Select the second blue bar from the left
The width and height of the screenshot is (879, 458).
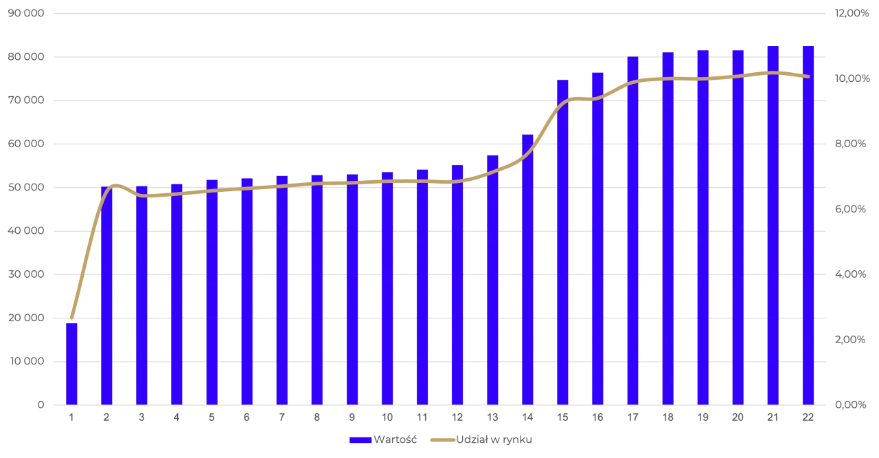[x=106, y=296]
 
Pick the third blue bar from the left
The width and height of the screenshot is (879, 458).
[x=141, y=296]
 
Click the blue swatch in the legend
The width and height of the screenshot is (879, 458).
[x=360, y=440]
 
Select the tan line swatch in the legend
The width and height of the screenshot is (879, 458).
[x=442, y=440]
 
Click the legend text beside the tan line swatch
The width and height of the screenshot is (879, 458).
[x=494, y=440]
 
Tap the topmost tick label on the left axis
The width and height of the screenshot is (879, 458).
[x=25, y=14]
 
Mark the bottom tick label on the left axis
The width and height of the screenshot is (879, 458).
[x=41, y=404]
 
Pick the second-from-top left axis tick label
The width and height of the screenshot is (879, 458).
[x=25, y=56]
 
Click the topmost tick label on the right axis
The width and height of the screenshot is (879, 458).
[x=852, y=14]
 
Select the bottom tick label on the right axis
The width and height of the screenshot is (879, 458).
[x=852, y=404]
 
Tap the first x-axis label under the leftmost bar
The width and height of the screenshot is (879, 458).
[x=72, y=417]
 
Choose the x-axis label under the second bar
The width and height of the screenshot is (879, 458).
[x=106, y=417]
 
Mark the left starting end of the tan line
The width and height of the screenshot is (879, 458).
[x=72, y=317]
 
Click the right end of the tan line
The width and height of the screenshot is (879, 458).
[x=808, y=76]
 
